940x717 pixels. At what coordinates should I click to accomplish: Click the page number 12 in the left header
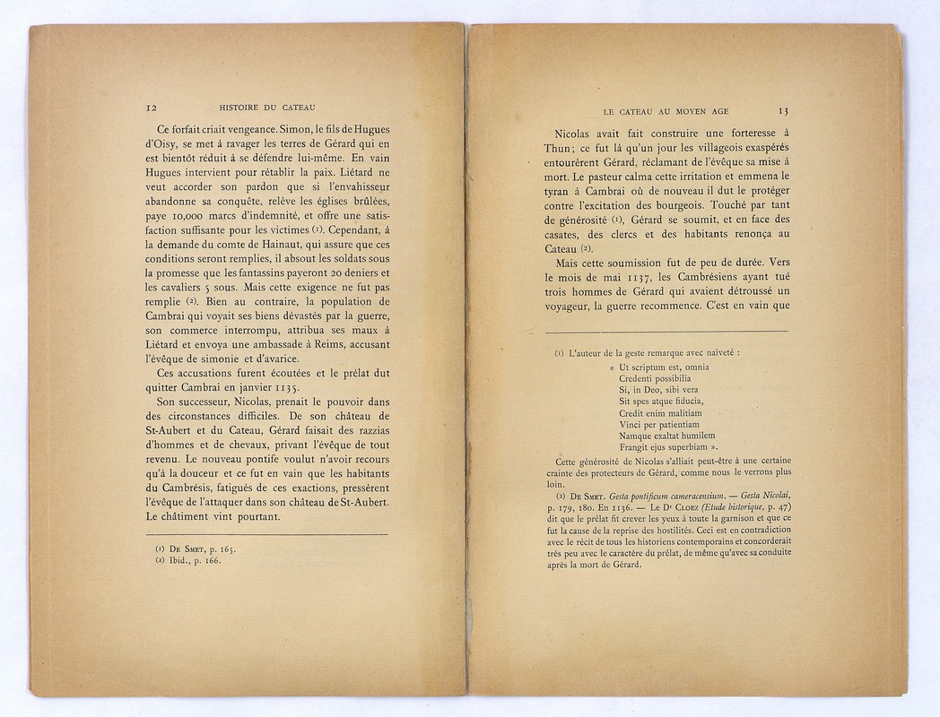point(151,108)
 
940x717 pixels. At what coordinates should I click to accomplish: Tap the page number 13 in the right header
point(783,112)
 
